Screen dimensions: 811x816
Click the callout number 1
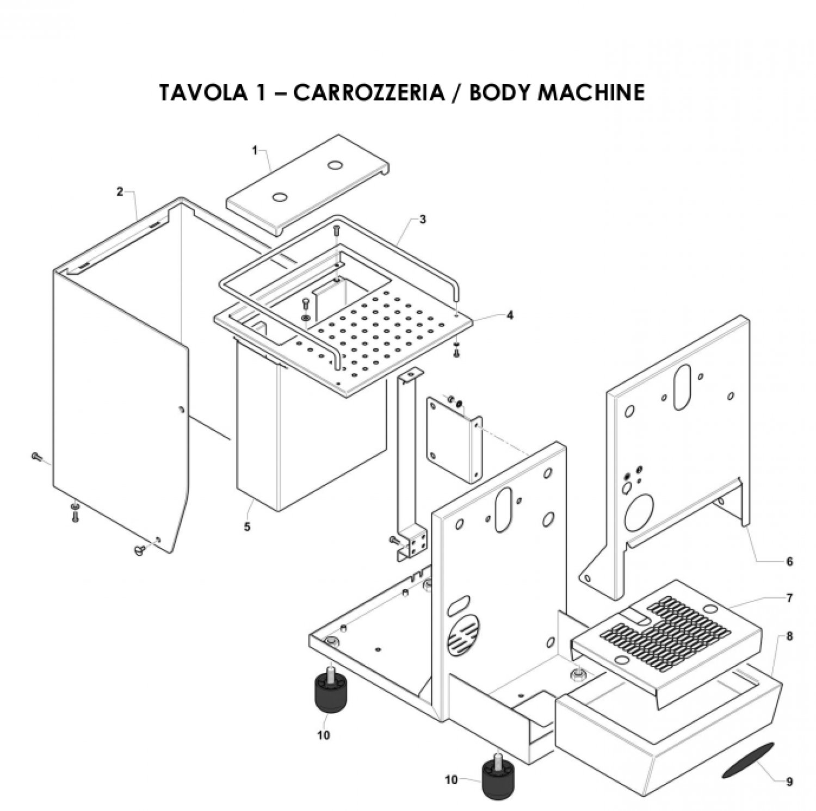pos(255,151)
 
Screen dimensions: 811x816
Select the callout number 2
pos(120,191)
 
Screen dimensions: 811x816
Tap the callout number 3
pos(423,220)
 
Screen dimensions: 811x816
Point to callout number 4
pos(509,315)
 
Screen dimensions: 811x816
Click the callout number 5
pos(248,527)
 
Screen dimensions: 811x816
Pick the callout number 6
pos(790,561)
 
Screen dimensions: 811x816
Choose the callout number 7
pos(790,598)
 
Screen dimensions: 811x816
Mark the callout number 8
pos(790,635)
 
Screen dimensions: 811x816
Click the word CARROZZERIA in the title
pos(368,92)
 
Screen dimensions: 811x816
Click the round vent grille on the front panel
pos(464,634)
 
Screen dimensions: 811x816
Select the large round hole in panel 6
pos(638,513)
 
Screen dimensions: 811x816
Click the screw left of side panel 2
pos(36,456)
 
